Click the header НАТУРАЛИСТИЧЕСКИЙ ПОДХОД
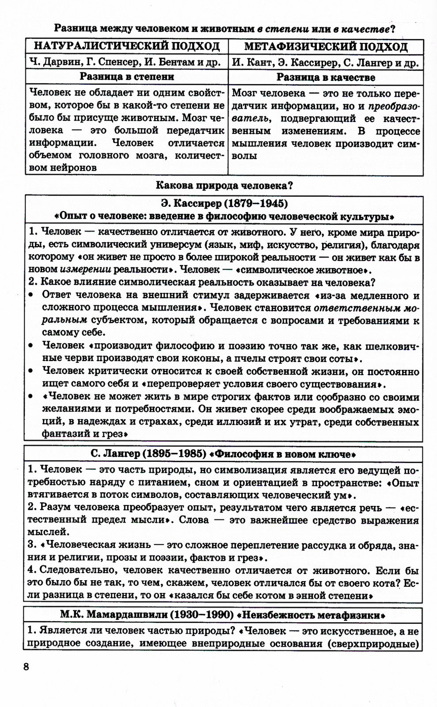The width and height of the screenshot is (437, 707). click(127, 47)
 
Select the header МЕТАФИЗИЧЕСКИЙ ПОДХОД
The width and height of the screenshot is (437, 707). click(326, 47)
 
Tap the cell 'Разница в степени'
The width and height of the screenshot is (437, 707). click(127, 77)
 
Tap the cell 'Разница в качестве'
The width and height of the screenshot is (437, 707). click(326, 77)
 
